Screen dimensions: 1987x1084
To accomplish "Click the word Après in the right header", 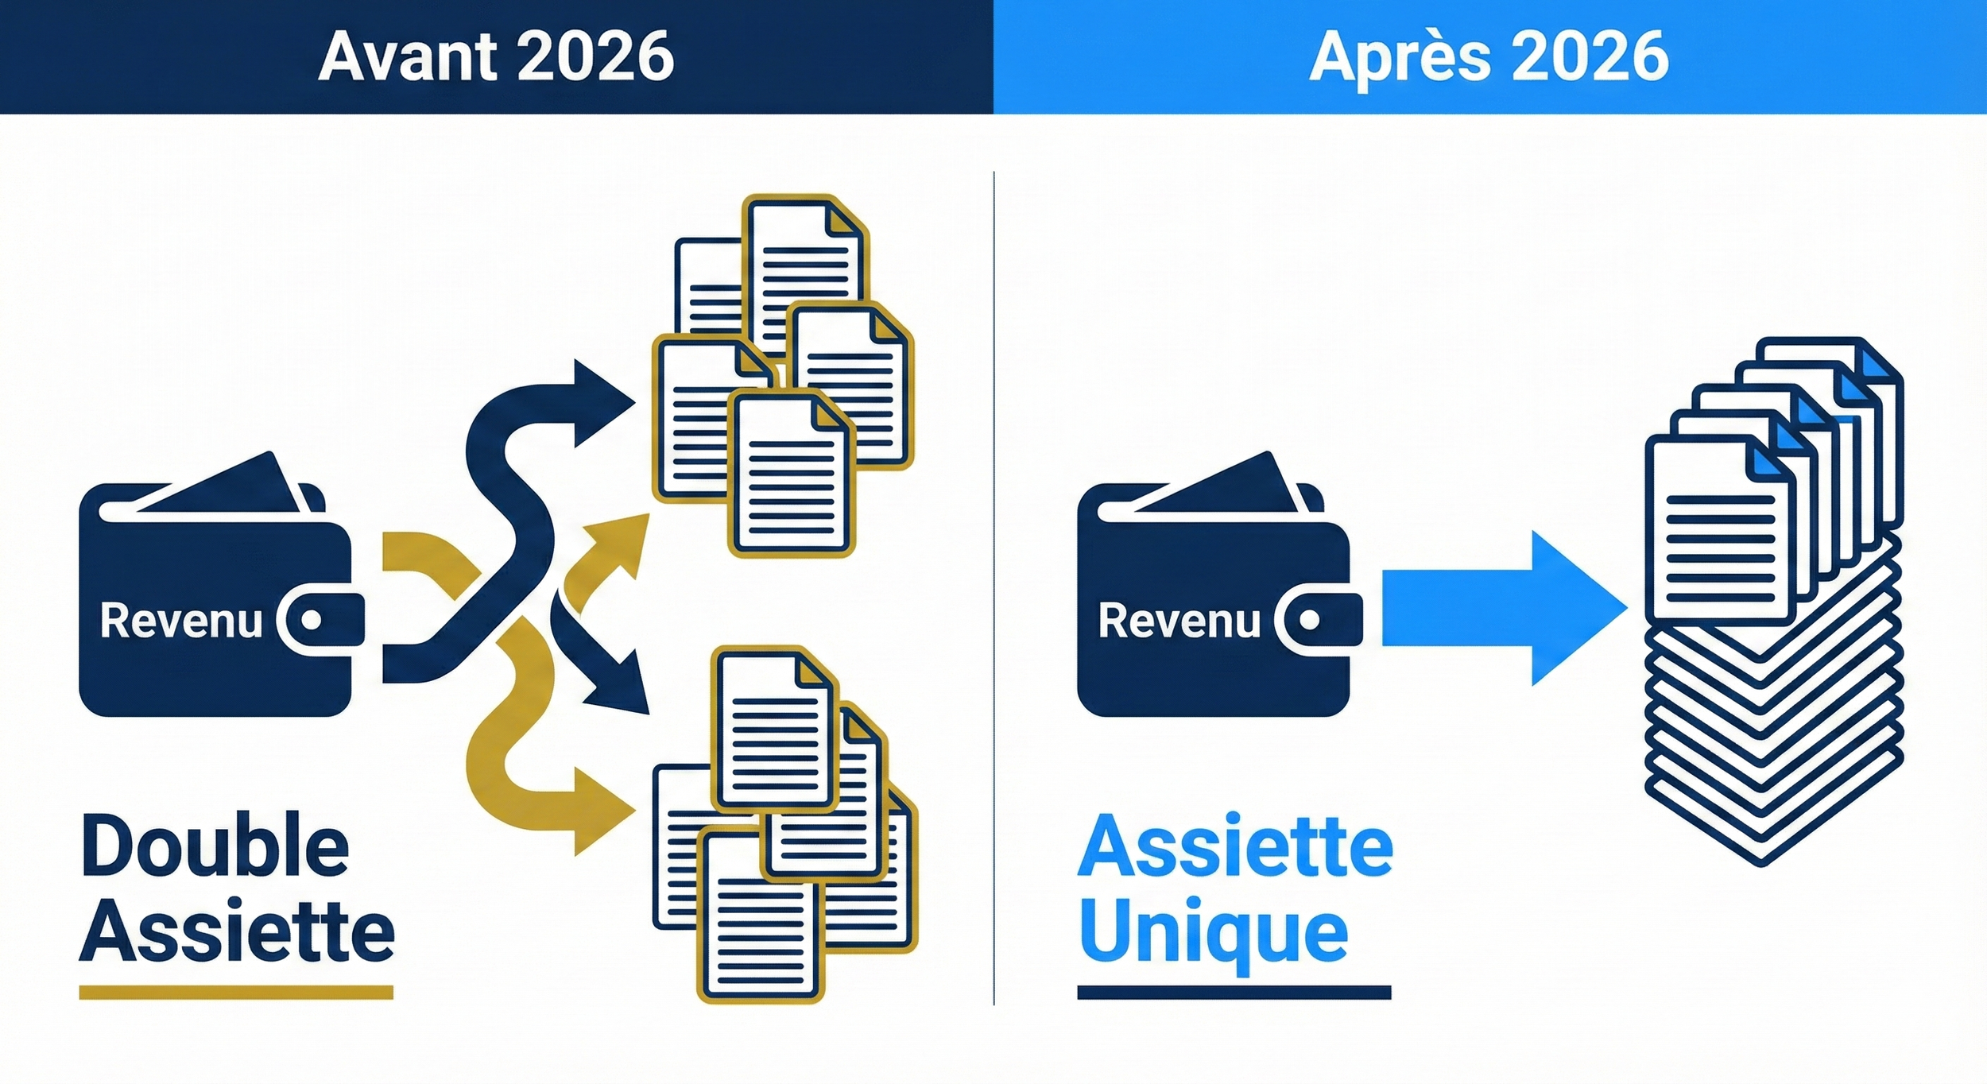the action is (x=1400, y=57).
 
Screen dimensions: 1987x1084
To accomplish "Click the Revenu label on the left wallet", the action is (x=181, y=621).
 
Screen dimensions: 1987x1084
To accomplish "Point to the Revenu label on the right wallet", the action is (x=1179, y=621).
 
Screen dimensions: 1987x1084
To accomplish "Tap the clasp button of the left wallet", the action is (x=312, y=620).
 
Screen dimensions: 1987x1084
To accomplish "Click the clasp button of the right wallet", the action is (x=1309, y=620).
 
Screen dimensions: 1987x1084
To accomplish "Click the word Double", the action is (x=215, y=846).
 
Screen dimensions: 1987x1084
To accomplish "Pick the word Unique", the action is (x=1214, y=932).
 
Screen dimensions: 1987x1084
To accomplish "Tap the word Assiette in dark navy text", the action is (x=237, y=932).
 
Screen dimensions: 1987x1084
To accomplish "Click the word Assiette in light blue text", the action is (x=1235, y=846).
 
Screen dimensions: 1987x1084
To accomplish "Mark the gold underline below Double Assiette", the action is (x=236, y=992).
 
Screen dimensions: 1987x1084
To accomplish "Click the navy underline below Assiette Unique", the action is (x=1234, y=992).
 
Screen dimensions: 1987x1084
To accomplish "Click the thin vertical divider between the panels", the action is (x=993, y=588).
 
